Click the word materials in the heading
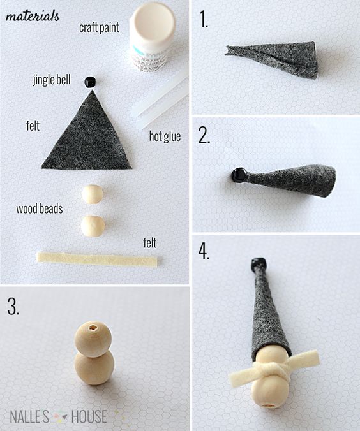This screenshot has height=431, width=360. coord(32,16)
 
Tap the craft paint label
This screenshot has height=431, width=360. coord(99,27)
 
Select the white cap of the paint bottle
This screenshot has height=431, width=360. coord(153,24)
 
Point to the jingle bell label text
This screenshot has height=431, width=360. coord(52,80)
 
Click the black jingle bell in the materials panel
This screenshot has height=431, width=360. coord(90,82)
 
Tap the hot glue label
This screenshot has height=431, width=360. coord(165,136)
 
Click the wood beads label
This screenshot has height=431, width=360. coord(40,208)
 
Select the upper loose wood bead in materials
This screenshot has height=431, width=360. coord(93,194)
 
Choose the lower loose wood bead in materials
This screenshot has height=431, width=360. coord(93,226)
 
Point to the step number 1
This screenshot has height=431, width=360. coord(204,20)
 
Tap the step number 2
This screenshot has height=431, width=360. coord(204,136)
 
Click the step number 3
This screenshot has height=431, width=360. coord(13,307)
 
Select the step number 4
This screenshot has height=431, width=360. coord(204,251)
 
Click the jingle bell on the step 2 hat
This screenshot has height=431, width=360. coord(238,175)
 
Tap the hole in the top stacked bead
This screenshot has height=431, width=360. coord(93,328)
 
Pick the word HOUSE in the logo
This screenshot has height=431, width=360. coord(89,416)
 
